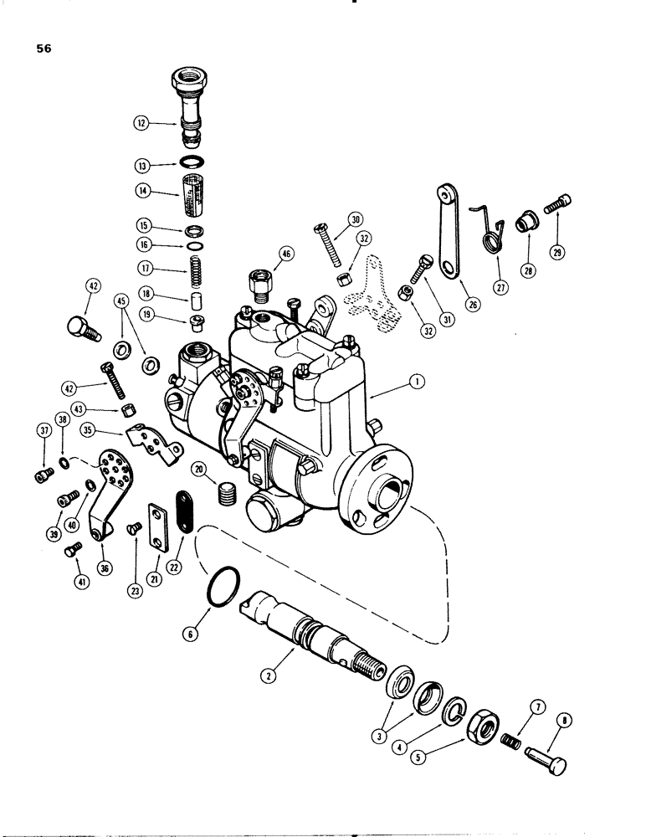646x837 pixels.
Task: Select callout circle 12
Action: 141,122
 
